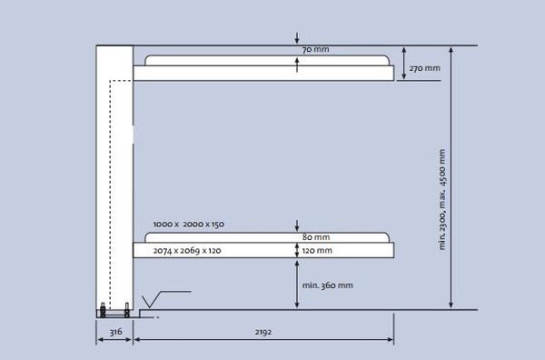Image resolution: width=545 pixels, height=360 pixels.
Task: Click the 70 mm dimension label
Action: (x=315, y=50)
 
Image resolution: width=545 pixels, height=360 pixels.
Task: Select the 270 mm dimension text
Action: (x=425, y=68)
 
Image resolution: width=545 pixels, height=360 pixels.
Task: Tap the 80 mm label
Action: (x=316, y=237)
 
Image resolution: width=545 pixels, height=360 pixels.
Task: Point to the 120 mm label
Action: (x=317, y=250)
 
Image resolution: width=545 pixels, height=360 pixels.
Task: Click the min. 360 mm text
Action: (x=327, y=285)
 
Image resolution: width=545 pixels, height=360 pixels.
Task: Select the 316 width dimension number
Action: (x=115, y=332)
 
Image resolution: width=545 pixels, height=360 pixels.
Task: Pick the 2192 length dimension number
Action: (x=263, y=332)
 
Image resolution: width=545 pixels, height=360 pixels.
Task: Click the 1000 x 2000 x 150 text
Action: (x=189, y=225)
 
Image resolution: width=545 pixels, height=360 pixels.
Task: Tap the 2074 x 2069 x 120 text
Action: (x=187, y=251)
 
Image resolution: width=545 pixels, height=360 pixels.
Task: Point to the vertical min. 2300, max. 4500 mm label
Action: (x=441, y=199)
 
